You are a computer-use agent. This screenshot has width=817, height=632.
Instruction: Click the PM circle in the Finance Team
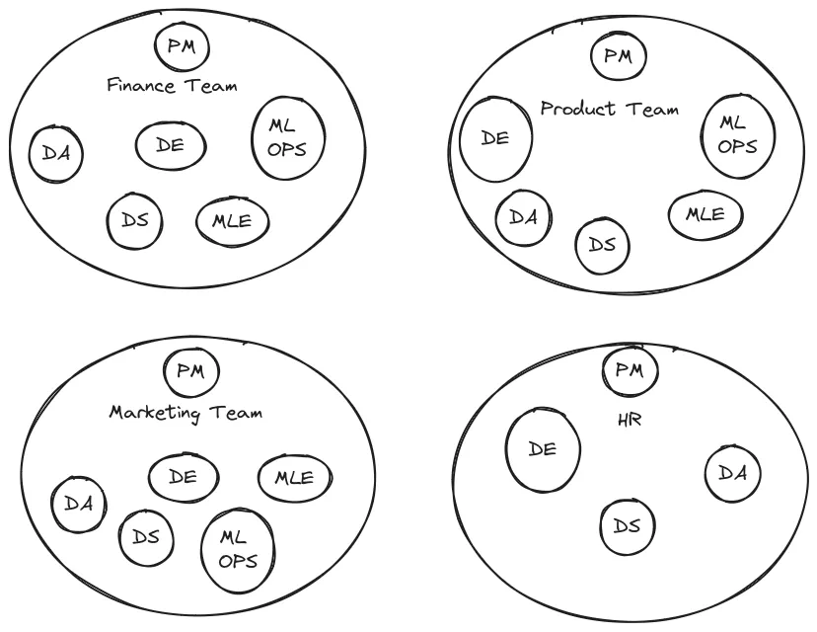[183, 47]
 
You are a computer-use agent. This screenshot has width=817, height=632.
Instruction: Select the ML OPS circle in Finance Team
[288, 137]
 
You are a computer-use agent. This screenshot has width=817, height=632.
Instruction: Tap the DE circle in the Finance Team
[172, 145]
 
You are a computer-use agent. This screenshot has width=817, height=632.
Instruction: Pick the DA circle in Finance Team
[55, 154]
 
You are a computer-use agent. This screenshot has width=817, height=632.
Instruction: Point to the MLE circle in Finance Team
[233, 220]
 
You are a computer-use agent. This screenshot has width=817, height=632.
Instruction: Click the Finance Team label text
[172, 85]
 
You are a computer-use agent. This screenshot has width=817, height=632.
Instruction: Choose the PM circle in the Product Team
[618, 55]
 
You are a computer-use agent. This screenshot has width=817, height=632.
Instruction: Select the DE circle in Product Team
[497, 138]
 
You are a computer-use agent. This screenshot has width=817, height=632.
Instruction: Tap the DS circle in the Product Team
[602, 243]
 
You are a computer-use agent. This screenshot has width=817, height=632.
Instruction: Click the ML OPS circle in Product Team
[737, 135]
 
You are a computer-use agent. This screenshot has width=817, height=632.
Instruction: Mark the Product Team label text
[609, 109]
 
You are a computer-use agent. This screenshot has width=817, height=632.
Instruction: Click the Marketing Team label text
[186, 412]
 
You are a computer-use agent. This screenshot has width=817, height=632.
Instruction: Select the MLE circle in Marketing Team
[293, 478]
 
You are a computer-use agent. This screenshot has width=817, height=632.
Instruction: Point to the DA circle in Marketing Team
[79, 504]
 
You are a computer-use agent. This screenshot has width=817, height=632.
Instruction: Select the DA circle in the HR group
[732, 473]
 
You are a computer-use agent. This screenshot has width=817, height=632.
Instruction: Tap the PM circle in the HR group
[629, 371]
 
